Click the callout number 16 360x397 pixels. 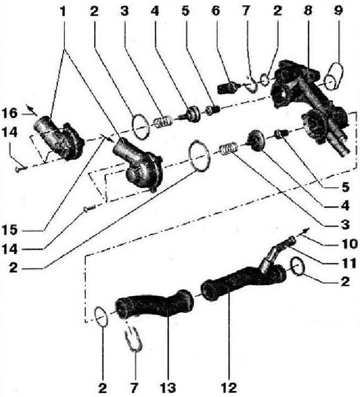click(x=10, y=113)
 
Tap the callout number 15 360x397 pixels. click(x=10, y=230)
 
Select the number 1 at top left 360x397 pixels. click(x=63, y=11)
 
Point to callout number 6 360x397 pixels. click(x=215, y=11)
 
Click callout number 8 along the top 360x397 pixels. click(x=308, y=11)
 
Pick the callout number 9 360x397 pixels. click(x=339, y=11)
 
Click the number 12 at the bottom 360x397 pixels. click(x=229, y=388)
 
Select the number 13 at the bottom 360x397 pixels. click(x=168, y=388)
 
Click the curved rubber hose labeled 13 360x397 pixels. click(x=154, y=304)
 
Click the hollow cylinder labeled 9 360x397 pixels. click(x=334, y=76)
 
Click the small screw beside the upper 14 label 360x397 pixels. click(x=21, y=168)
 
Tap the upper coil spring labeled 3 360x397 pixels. click(x=163, y=122)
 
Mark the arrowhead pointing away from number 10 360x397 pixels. click(x=307, y=230)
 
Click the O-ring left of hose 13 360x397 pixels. click(x=102, y=316)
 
